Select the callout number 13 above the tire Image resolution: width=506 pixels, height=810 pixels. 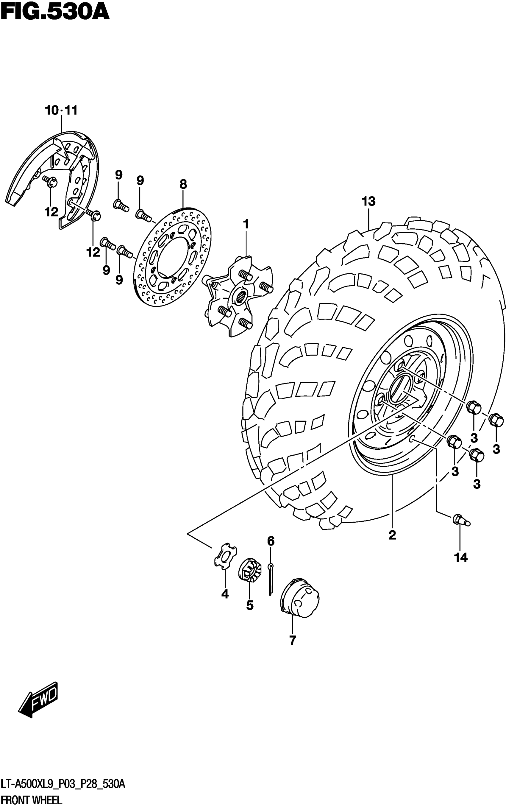(368, 202)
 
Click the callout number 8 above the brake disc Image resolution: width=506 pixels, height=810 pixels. (183, 184)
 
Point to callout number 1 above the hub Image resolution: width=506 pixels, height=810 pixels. (246, 224)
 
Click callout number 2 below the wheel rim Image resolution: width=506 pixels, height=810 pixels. (392, 535)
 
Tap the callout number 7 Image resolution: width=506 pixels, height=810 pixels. (293, 640)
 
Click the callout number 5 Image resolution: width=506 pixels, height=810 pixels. (250, 605)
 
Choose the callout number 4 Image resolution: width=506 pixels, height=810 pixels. (225, 594)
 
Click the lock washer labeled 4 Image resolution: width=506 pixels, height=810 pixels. (225, 557)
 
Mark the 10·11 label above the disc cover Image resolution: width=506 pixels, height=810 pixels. (61, 110)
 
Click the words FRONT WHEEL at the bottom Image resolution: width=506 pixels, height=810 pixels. (31, 800)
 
